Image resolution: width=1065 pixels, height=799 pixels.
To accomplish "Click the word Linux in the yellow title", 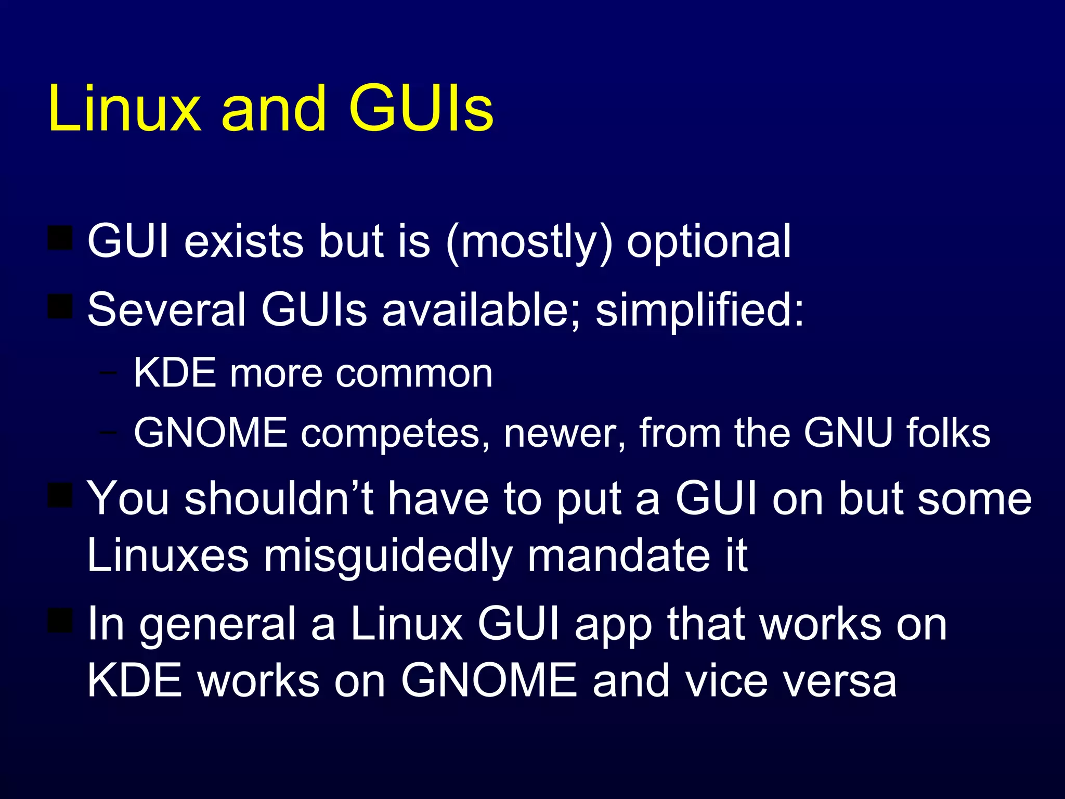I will tap(124, 109).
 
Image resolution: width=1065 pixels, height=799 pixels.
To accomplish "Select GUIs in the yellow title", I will tap(421, 109).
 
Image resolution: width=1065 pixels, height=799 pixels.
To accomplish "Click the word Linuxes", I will tap(168, 556).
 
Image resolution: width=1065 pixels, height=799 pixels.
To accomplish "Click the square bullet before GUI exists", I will tap(60, 238).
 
